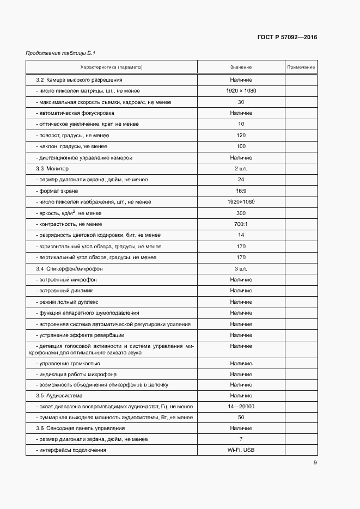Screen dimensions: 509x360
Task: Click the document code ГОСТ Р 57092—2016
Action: (286, 38)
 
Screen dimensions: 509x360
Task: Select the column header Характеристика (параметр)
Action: (111, 67)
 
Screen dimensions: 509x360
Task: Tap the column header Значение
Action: (241, 67)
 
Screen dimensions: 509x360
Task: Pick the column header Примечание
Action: (301, 67)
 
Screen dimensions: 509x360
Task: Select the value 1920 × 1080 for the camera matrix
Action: (241, 91)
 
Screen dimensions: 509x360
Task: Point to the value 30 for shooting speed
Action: (241, 102)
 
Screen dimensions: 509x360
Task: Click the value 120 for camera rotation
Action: (241, 135)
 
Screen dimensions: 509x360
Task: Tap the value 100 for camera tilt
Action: (241, 146)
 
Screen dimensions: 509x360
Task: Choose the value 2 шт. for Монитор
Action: (241, 169)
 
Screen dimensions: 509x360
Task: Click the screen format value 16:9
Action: (241, 191)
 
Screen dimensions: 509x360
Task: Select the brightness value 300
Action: (241, 213)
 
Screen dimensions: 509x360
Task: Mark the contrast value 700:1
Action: (241, 224)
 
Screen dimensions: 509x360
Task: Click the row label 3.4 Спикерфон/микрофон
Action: (69, 269)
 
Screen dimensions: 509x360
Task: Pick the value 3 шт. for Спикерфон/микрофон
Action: (241, 269)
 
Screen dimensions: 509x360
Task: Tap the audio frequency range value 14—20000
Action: (241, 407)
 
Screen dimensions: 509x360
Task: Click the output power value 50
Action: (241, 418)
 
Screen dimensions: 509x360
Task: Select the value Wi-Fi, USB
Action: (241, 450)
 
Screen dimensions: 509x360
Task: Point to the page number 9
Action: (315, 463)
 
